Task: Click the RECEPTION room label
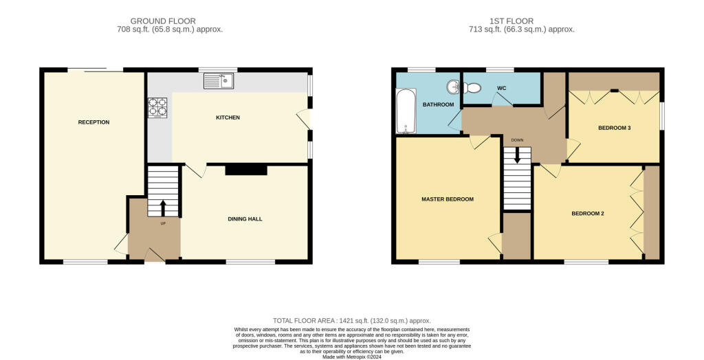[x=93, y=122]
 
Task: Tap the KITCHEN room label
[x=228, y=117]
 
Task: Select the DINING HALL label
[x=245, y=219]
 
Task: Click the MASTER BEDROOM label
[x=448, y=199]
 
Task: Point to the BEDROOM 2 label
[x=588, y=214]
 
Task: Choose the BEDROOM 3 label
[x=614, y=128]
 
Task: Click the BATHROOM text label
[x=438, y=105]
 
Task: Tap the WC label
[x=502, y=88]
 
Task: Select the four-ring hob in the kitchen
[x=157, y=108]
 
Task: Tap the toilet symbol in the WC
[x=471, y=88]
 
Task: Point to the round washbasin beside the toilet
[x=452, y=87]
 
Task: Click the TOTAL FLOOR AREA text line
[x=351, y=321]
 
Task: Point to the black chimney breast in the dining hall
[x=245, y=169]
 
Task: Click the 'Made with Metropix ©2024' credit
[x=351, y=356]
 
